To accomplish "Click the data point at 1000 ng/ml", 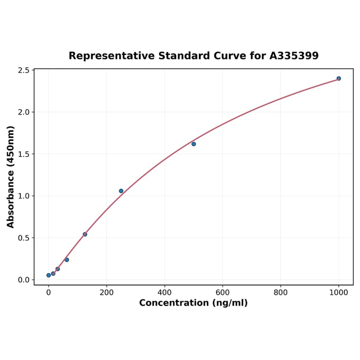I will point(338,78).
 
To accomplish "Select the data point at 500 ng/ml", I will point(194,144).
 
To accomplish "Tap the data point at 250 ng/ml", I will point(121,191).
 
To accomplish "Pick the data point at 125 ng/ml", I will point(85,234).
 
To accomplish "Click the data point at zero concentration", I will point(49,275).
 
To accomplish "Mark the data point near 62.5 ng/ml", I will point(66,260).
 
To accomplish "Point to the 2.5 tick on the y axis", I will point(24,71).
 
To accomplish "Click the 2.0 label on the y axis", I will point(24,112).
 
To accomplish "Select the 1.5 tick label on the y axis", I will point(24,154).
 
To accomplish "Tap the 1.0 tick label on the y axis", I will point(24,196).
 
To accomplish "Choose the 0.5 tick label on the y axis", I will point(24,238).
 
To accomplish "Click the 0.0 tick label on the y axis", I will point(24,280).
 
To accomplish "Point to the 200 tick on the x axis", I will point(106,292).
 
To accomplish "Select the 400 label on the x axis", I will point(164,292).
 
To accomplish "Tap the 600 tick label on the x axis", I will point(222,292).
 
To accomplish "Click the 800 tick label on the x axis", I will point(280,292).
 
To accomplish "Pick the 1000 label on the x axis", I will point(338,292).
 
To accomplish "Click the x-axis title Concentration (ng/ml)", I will point(193,303).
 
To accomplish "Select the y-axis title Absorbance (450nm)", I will point(11,177).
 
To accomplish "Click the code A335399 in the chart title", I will point(294,56).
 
